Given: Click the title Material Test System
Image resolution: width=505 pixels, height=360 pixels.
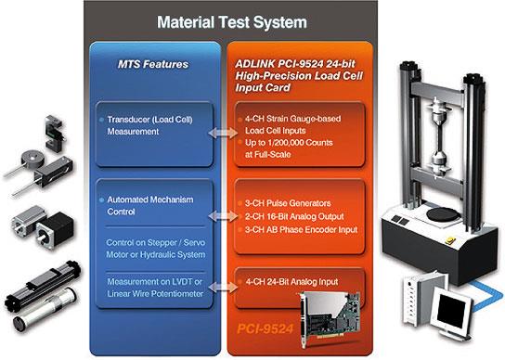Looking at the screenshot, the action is tap(232, 22).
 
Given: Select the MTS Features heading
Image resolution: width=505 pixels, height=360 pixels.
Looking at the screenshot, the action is tap(153, 64).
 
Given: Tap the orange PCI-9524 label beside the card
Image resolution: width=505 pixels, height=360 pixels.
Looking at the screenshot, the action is tap(265, 329).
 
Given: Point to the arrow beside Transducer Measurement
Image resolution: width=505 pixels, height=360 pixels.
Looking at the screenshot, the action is tap(223, 133).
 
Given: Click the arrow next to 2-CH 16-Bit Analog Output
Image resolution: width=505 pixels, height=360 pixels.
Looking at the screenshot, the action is tap(223, 216).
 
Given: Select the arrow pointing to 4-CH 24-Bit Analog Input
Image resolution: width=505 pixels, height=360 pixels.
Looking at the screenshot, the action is tap(223, 287).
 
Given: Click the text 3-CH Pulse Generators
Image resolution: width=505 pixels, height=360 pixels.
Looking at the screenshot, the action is tap(288, 203).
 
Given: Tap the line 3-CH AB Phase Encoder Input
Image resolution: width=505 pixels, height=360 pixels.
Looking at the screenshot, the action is tap(301, 230).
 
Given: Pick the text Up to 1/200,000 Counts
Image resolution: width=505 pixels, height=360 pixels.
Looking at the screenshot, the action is tap(289, 143).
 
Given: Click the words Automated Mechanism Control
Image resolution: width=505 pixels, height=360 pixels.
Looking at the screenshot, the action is tap(150, 205).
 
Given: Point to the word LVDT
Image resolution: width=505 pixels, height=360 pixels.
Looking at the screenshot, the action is tap(182, 282).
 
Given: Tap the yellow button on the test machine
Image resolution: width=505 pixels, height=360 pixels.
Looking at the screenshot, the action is tap(449, 240).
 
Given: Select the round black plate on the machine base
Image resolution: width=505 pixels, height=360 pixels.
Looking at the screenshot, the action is tap(443, 214).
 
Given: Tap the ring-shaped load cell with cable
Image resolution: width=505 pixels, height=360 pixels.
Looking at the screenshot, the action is tap(32, 160).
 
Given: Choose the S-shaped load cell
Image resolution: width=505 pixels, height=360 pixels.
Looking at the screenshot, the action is tap(55, 134).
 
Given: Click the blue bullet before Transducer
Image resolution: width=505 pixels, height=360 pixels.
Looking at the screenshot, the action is tap(101, 120).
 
